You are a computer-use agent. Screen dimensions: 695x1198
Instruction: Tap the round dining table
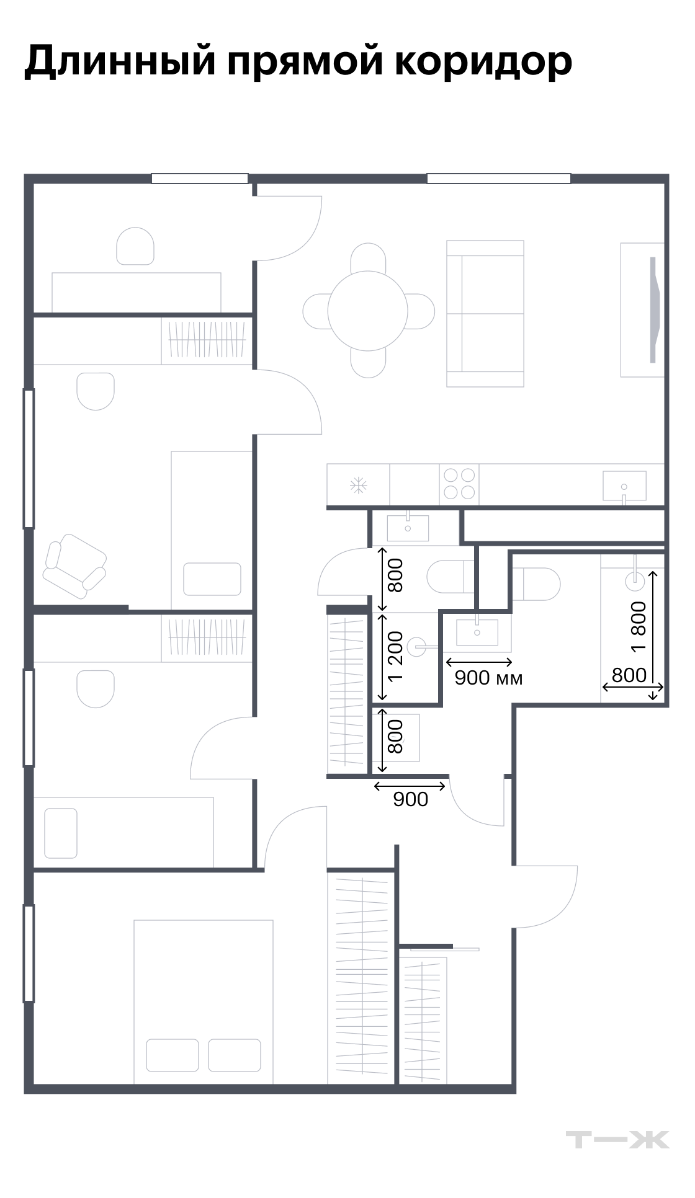[368, 311]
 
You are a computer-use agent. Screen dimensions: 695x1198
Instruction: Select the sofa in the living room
[485, 314]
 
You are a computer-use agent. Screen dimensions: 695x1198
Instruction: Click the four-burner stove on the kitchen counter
[459, 484]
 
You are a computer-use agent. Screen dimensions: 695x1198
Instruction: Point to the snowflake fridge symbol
[359, 486]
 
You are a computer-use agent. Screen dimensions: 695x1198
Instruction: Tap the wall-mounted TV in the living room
[653, 309]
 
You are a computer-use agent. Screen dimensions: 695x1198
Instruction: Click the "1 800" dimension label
[639, 626]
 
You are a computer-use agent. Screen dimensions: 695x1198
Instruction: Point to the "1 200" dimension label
[395, 656]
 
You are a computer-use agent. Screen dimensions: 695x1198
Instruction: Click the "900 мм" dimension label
[489, 678]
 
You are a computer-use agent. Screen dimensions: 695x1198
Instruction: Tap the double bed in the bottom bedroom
[204, 1002]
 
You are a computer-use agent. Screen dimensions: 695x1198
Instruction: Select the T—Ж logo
[617, 1140]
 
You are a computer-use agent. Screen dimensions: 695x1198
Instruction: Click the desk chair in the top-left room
[135, 246]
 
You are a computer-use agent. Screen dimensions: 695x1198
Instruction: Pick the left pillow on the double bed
[173, 1055]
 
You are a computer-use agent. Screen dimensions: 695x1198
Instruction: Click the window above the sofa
[498, 179]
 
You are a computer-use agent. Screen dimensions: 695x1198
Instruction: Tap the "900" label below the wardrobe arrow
[411, 799]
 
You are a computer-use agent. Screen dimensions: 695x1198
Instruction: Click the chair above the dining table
[368, 257]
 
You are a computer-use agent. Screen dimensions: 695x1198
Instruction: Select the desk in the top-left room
[137, 293]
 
